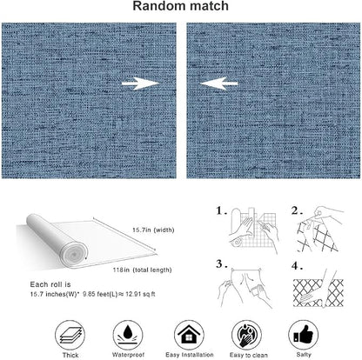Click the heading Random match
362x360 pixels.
click(x=180, y=6)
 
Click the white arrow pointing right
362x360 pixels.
click(x=140, y=83)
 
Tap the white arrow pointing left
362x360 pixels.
click(x=218, y=83)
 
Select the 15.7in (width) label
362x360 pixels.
click(x=153, y=230)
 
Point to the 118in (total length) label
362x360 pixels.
click(x=142, y=270)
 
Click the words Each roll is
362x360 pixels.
click(x=50, y=284)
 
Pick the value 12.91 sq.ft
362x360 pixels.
click(x=140, y=294)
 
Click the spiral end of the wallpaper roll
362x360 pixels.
click(x=73, y=254)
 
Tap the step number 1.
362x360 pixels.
click(x=221, y=210)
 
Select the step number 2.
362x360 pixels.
click(x=297, y=210)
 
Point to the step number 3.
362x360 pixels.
click(x=221, y=264)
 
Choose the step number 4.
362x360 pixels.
click(x=297, y=265)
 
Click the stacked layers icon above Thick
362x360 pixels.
click(x=70, y=336)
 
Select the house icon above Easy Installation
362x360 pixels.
click(x=189, y=336)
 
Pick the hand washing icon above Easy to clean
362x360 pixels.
click(x=246, y=336)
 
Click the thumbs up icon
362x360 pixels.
click(x=304, y=335)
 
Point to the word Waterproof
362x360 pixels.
click(x=128, y=355)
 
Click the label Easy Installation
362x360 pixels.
click(x=190, y=355)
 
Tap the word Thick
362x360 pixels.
click(x=70, y=356)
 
